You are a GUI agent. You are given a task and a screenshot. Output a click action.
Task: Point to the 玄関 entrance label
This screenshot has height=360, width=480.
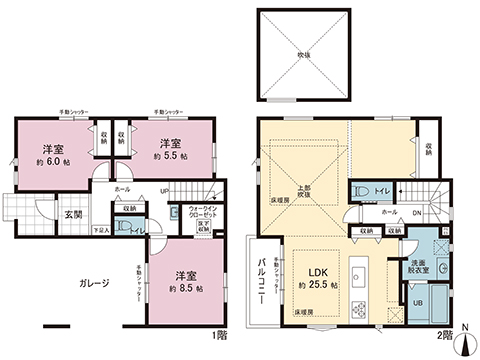pos(75,213)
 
